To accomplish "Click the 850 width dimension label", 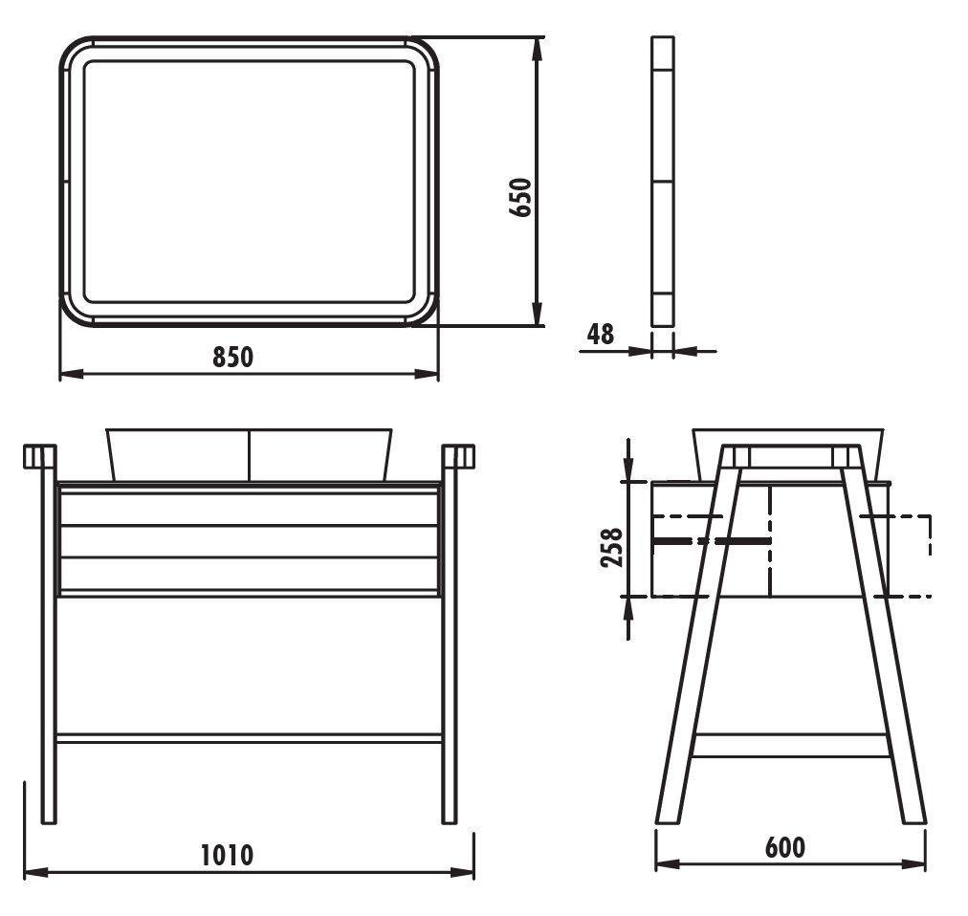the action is (232, 357).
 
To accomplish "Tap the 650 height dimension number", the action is (519, 198).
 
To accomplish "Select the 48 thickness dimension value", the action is (601, 334).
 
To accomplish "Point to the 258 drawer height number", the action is (611, 547).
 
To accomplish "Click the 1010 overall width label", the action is (228, 855).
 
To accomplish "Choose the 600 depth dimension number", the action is (784, 847).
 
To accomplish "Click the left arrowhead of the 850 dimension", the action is (71, 374).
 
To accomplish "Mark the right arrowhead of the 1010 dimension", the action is (462, 872).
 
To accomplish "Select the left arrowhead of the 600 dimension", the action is (668, 863).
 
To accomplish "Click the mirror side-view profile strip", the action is (663, 182).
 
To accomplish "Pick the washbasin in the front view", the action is (249, 454).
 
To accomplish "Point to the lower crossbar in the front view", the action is (250, 738).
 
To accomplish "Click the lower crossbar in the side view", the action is (790, 745).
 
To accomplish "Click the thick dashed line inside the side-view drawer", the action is (712, 541).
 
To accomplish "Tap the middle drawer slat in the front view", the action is (250, 541).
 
